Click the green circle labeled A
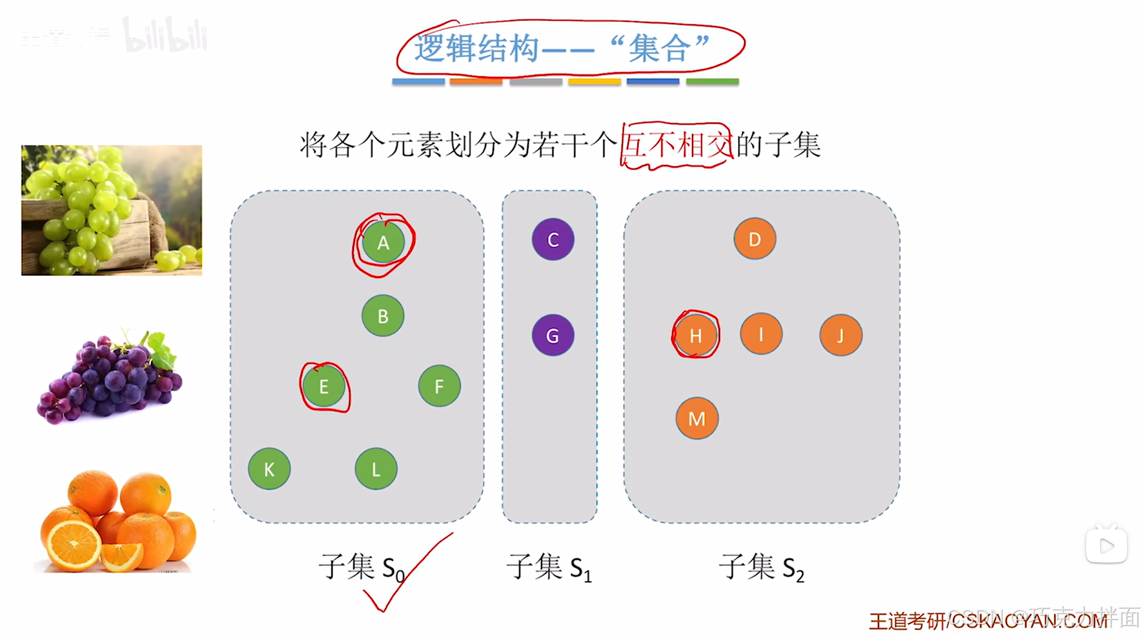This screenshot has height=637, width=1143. coord(383,243)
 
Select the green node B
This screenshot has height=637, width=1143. coord(382,316)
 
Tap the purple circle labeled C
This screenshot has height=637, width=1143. coord(552,240)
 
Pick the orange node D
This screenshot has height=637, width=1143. coord(755,239)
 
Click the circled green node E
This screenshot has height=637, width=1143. coord(324,386)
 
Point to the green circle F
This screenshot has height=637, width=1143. coord(439,386)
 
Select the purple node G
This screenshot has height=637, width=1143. coord(552,335)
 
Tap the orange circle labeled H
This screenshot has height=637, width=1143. coord(696,335)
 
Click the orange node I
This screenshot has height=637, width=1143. coord(761,334)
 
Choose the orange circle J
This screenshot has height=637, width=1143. coord(840,335)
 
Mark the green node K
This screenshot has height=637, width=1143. coord(269,469)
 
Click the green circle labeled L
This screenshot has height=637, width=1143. coord(376,469)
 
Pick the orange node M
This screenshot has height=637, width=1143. coord(696,419)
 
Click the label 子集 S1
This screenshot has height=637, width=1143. coord(549,567)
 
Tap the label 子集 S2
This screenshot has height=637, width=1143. coord(761,567)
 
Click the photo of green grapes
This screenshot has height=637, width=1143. coord(112,210)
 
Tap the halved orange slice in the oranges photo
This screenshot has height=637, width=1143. coord(72,545)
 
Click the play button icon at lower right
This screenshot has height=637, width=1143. coord(1106,545)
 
